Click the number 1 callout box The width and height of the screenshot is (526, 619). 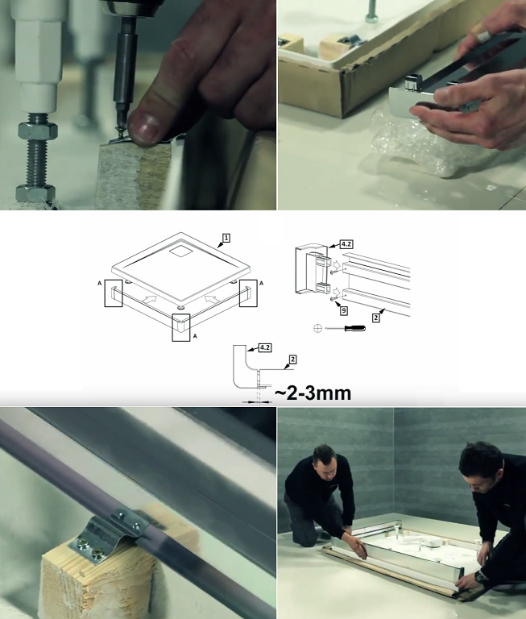(226, 238)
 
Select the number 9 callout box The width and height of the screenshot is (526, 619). (344, 310)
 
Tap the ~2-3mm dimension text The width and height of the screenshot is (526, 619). (313, 393)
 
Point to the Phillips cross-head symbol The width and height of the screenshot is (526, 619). (317, 328)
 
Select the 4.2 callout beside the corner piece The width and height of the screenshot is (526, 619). (346, 244)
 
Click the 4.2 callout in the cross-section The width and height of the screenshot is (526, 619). (265, 347)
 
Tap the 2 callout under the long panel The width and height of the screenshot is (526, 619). (376, 318)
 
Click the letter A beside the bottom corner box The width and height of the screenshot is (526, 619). (195, 336)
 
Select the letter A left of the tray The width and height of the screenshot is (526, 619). (99, 283)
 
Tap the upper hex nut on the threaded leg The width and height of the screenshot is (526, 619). (38, 130)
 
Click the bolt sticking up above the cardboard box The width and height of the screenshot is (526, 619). (371, 11)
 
